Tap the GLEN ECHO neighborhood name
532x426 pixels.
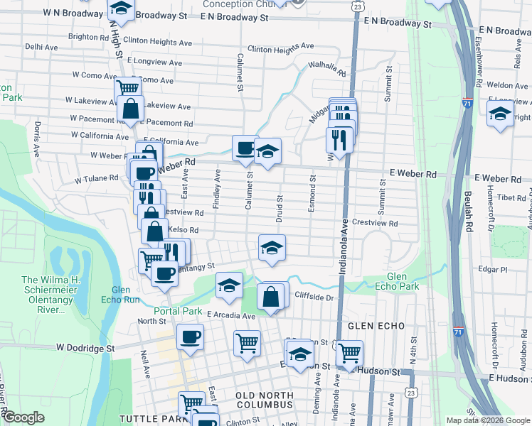(x=376, y=326)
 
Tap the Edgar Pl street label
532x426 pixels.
(x=493, y=270)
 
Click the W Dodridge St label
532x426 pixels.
(x=85, y=349)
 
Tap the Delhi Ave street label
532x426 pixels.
(x=41, y=46)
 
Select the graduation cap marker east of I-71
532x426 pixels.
(x=500, y=114)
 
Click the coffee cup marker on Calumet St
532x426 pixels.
(x=245, y=148)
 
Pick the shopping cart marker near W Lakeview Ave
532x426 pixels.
(x=127, y=89)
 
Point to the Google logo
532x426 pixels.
(x=23, y=417)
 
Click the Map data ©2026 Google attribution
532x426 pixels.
(x=486, y=420)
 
